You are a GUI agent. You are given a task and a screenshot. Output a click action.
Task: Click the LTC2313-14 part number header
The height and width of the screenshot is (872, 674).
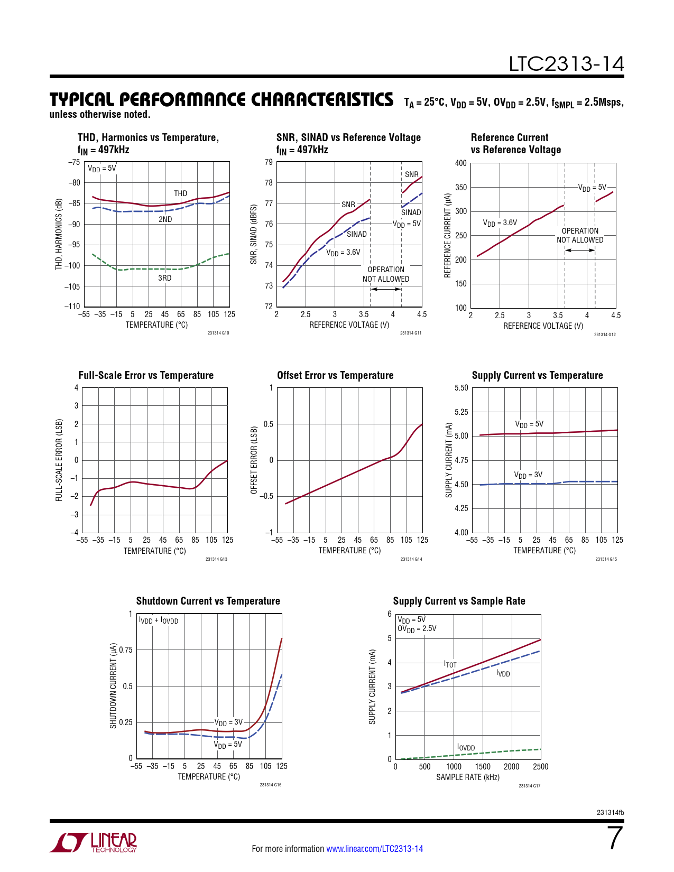pyautogui.click(x=566, y=64)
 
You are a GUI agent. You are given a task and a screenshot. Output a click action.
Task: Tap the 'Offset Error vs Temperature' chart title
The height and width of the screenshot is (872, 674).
pyautogui.click(x=335, y=375)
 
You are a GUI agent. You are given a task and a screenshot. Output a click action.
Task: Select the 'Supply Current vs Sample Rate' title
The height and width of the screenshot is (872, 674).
pyautogui.click(x=459, y=601)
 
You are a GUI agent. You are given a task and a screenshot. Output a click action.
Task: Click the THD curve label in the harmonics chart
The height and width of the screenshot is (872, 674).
pyautogui.click(x=181, y=193)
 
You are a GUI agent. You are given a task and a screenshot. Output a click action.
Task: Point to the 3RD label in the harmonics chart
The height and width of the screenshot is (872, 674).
pyautogui.click(x=165, y=278)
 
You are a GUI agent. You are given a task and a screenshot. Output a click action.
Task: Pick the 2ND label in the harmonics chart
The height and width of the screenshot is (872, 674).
pyautogui.click(x=165, y=219)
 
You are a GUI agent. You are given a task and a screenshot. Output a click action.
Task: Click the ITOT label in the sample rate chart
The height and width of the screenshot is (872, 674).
pyautogui.click(x=450, y=664)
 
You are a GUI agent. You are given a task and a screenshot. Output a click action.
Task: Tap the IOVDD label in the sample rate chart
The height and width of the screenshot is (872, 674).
pyautogui.click(x=466, y=747)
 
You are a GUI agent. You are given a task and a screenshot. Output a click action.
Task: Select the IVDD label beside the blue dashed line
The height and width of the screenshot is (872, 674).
pyautogui.click(x=503, y=673)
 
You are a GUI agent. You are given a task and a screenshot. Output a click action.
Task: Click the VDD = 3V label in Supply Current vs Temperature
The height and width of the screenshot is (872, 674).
pyautogui.click(x=528, y=475)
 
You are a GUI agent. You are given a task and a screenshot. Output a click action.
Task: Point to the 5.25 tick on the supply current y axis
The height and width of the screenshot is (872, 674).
pyautogui.click(x=461, y=412)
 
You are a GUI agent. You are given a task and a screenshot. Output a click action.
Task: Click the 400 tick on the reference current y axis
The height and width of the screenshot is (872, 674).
pyautogui.click(x=461, y=163)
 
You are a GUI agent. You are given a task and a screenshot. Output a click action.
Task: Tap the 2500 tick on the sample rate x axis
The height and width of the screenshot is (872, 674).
pyautogui.click(x=540, y=767)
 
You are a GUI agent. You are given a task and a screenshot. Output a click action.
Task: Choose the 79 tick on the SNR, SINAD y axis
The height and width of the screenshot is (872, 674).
pyautogui.click(x=269, y=162)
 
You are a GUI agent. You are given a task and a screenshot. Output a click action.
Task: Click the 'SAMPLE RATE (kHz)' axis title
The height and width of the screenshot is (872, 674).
pyautogui.click(x=468, y=777)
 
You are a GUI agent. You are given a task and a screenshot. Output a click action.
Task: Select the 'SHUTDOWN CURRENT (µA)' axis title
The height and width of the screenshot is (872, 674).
pyautogui.click(x=113, y=686)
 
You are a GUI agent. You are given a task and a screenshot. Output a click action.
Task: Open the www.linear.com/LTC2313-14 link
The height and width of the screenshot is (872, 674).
pyautogui.click(x=374, y=849)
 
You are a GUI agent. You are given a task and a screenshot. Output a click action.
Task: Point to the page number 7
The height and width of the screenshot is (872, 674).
pyautogui.click(x=615, y=839)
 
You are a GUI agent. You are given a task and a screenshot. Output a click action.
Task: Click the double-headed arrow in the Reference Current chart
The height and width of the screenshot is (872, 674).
pyautogui.click(x=580, y=250)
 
